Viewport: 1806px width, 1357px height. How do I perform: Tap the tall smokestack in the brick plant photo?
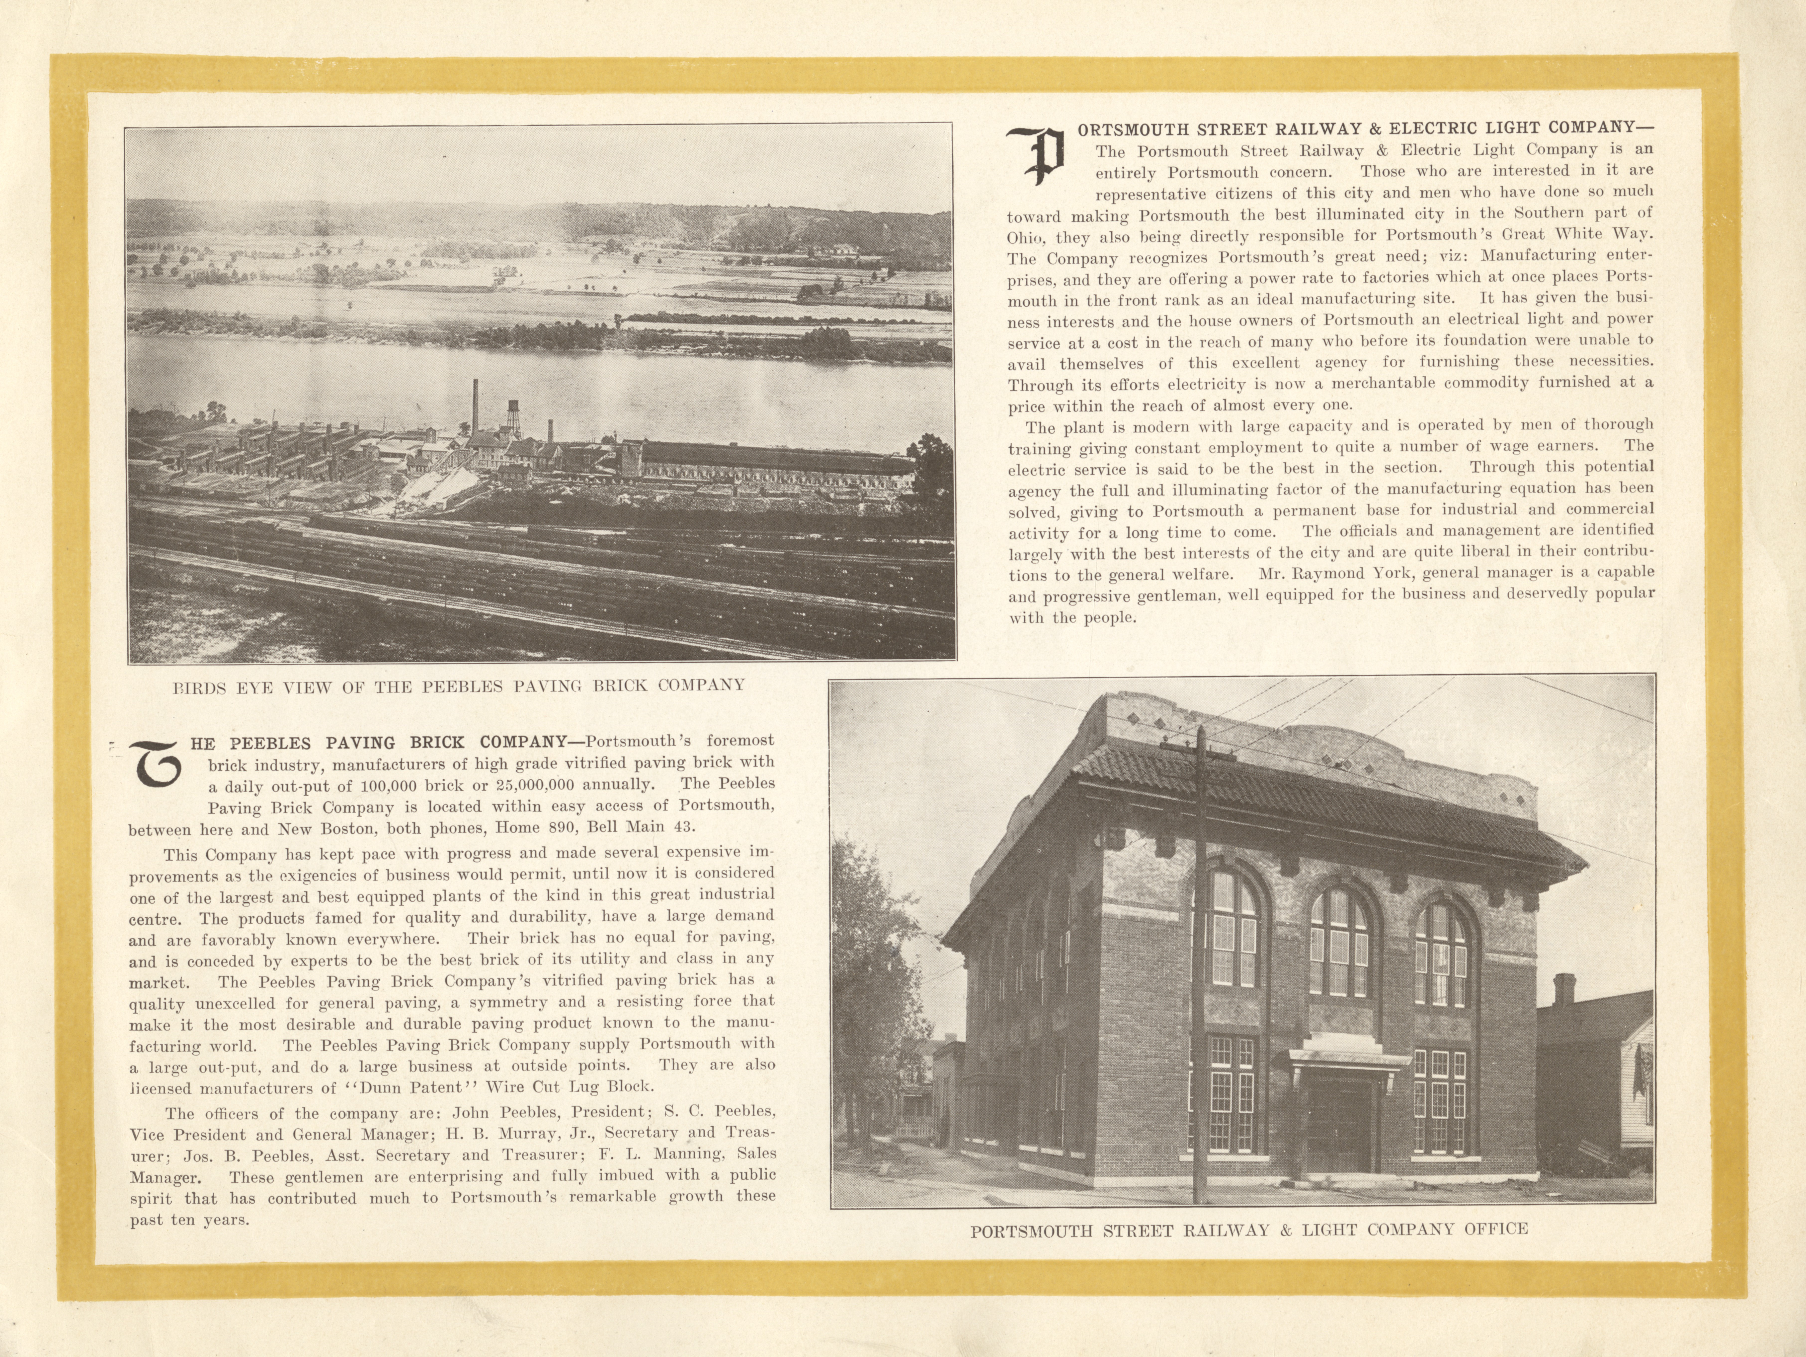point(474,408)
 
